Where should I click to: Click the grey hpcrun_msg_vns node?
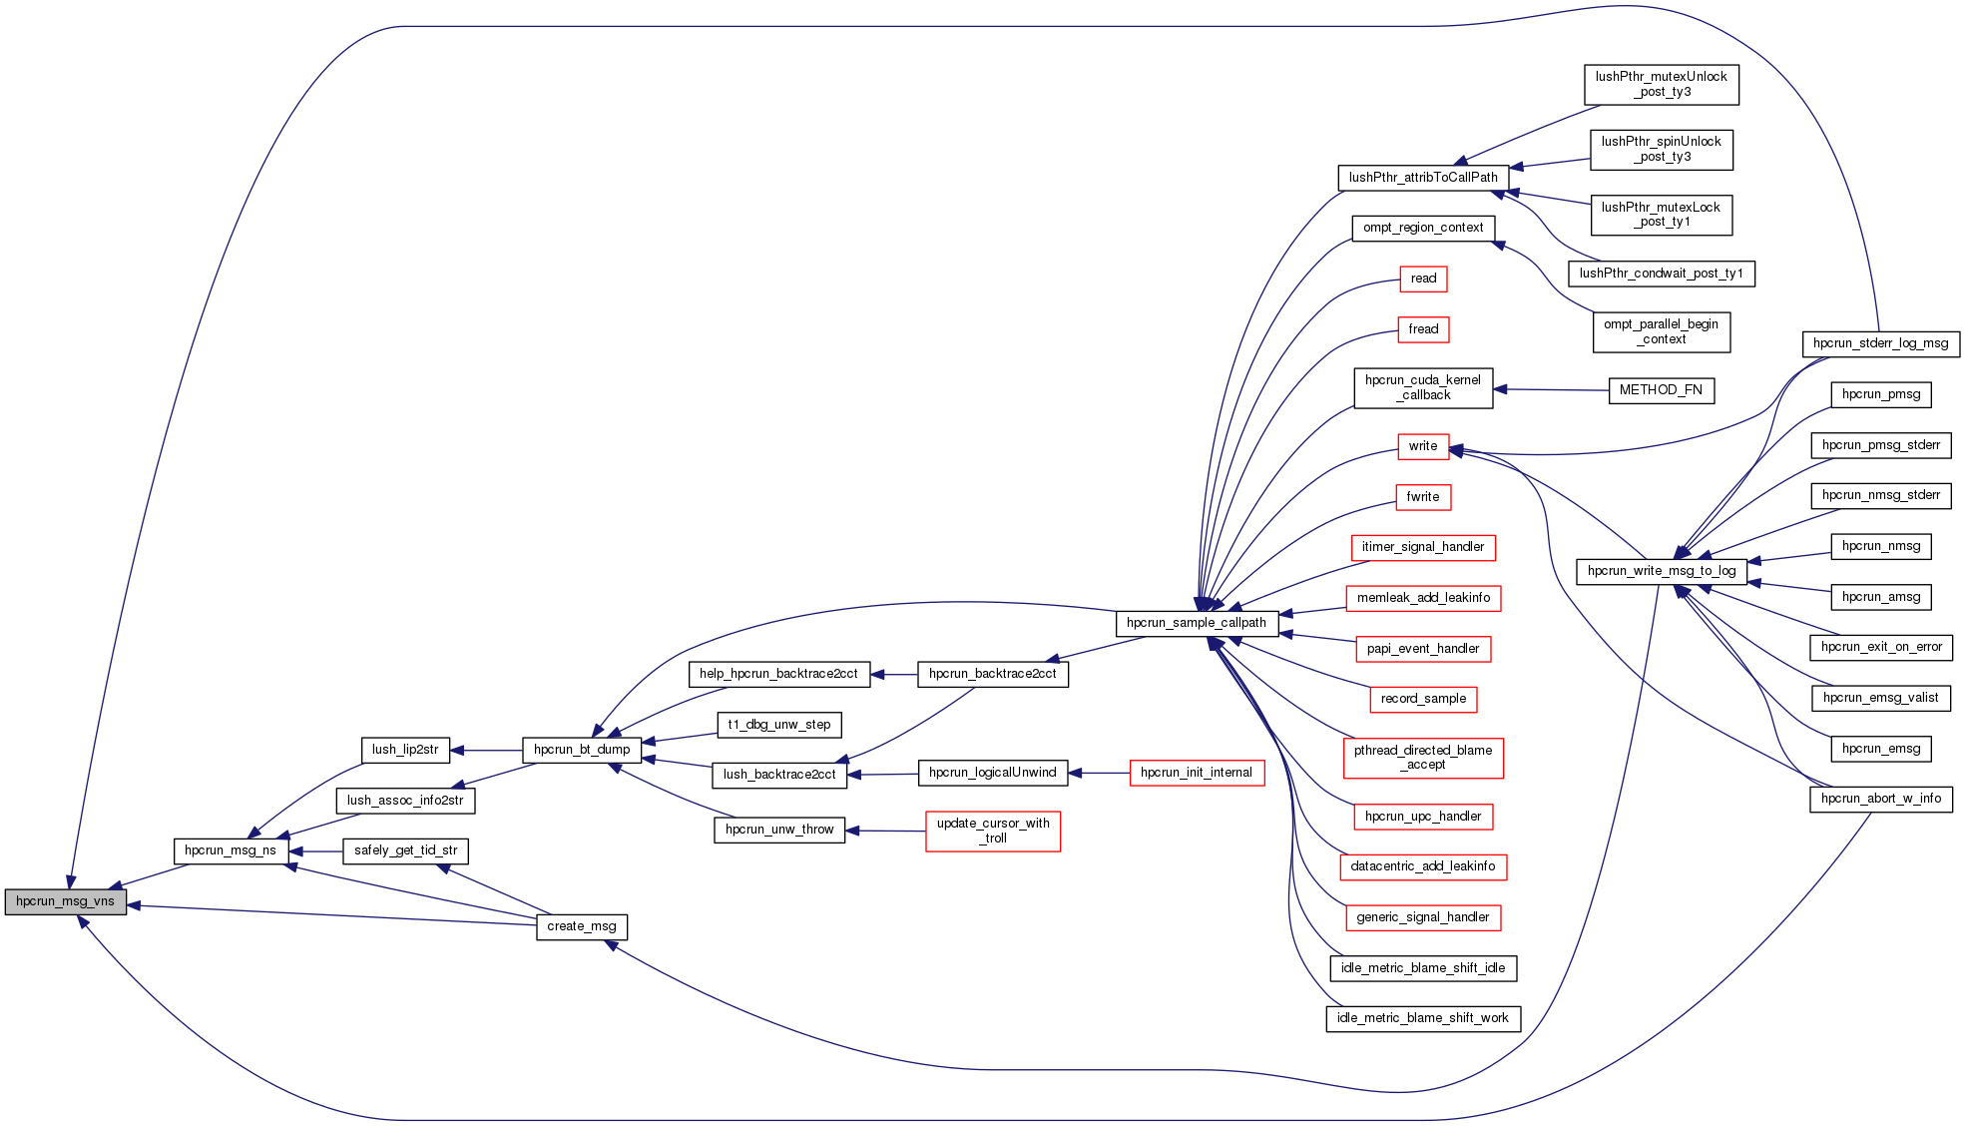pos(66,901)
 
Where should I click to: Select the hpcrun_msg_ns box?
pos(231,850)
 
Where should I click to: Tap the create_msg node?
pos(582,926)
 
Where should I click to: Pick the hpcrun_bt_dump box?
pos(582,750)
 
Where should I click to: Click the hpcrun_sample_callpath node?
pos(1197,623)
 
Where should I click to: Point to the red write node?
pos(1423,446)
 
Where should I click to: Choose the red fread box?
pos(1423,329)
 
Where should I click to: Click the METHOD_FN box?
pos(1661,390)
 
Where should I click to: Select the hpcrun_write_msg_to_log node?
pos(1662,571)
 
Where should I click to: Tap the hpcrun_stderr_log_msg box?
pos(1880,343)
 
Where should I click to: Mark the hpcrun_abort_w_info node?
pos(1881,799)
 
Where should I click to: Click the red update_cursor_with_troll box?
pos(993,831)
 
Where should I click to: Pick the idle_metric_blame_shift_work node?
pos(1423,1018)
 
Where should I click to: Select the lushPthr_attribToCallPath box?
pos(1423,178)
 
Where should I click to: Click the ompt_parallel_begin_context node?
pos(1661,331)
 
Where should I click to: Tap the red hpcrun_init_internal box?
pos(1197,773)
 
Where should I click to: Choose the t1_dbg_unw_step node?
pos(779,725)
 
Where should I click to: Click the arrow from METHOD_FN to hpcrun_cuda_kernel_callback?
pos(1551,389)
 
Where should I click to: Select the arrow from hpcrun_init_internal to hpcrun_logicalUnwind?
pos(1099,773)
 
